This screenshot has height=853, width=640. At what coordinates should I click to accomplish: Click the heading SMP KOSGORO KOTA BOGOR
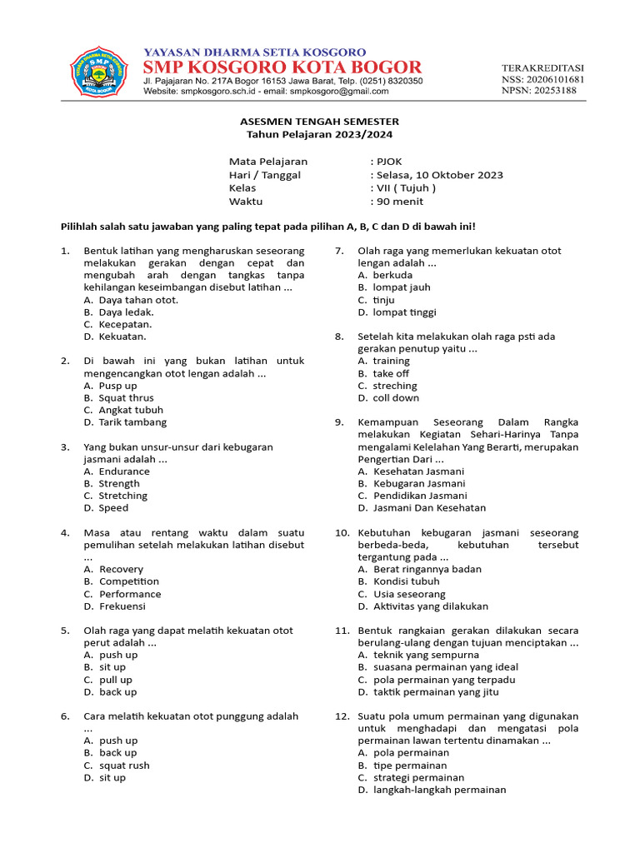tap(282, 67)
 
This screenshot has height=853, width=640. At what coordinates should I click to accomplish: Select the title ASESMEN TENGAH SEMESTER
tap(319, 122)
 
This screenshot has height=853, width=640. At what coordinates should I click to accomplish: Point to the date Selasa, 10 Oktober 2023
tap(438, 175)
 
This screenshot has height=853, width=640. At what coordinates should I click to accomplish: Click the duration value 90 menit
tap(399, 202)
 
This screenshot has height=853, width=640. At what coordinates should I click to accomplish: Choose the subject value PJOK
tap(388, 162)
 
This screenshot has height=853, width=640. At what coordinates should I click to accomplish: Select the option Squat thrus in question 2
tap(126, 398)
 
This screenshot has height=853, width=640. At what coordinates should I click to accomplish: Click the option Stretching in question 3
tap(122, 496)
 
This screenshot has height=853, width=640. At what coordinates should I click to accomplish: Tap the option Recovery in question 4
tap(121, 569)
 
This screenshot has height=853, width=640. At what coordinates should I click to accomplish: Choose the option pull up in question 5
tap(115, 680)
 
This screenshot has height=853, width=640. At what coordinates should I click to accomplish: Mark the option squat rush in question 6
tap(124, 766)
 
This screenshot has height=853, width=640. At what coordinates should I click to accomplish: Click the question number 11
tap(342, 631)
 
